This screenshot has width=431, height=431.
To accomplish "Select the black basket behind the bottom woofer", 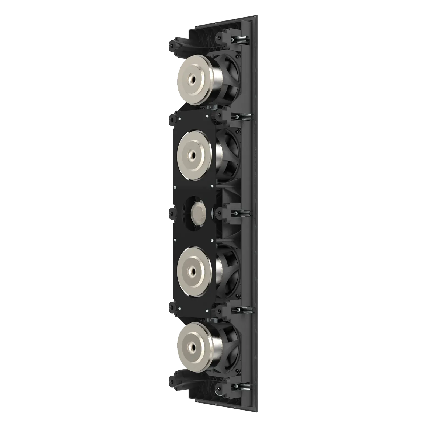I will coord(230,342).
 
